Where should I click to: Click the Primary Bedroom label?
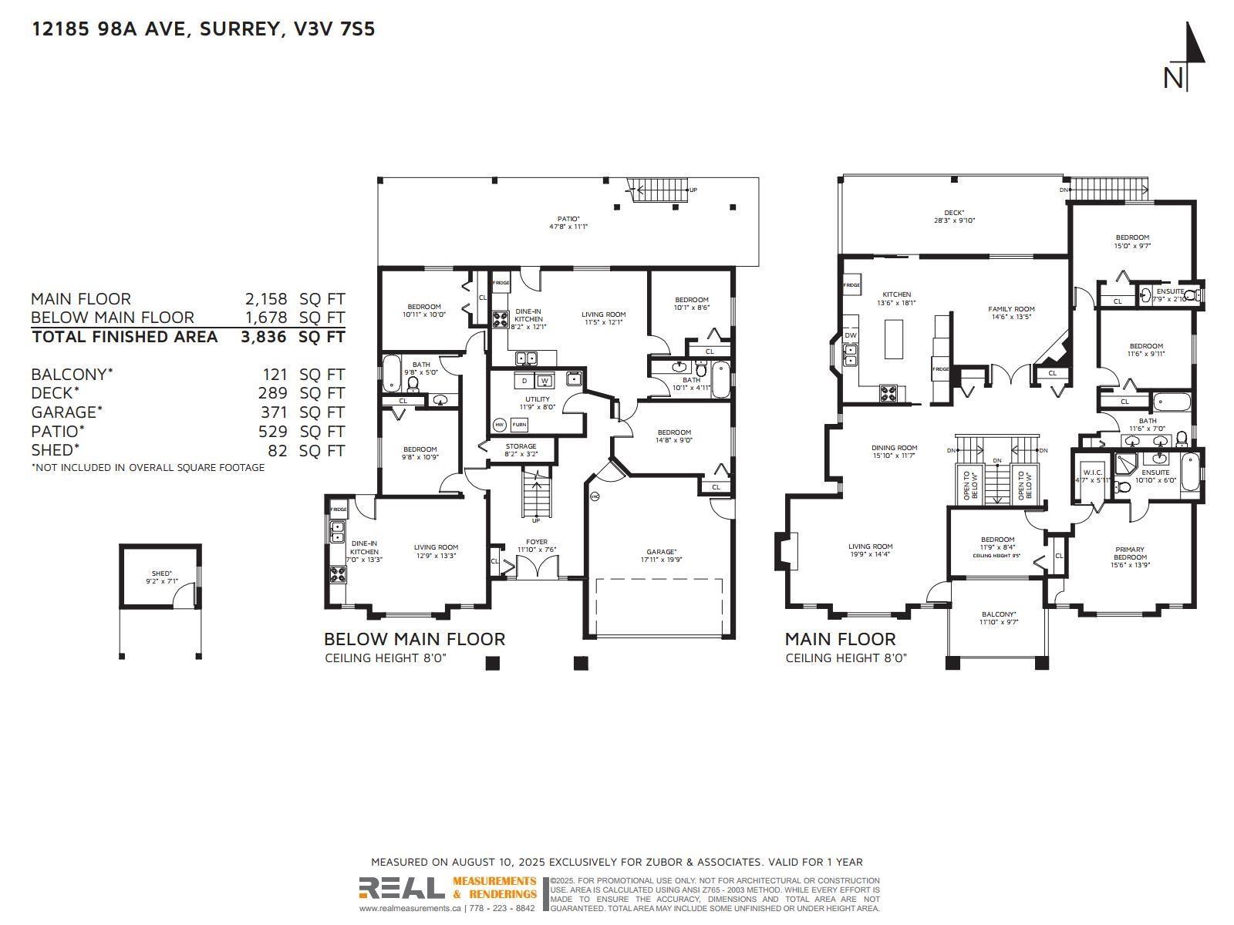(x=1130, y=553)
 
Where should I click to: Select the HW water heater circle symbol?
(x=499, y=425)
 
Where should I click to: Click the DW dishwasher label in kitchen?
(x=851, y=335)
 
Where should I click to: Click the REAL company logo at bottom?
(x=402, y=889)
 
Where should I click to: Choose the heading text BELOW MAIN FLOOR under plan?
(x=414, y=639)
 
